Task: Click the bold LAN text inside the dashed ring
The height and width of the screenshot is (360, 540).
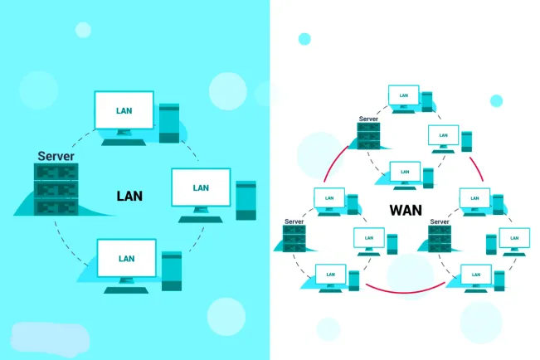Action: [129, 197]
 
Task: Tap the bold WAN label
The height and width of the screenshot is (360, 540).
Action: [406, 210]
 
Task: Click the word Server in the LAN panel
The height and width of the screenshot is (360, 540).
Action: [56, 156]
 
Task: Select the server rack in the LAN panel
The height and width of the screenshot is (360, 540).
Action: [56, 190]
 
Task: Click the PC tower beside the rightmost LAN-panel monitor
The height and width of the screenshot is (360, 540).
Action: [246, 200]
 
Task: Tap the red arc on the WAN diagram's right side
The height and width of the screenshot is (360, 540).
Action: [475, 166]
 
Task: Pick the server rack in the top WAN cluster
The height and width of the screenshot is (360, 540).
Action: [368, 137]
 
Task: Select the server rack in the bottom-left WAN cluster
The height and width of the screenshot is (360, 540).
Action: [294, 239]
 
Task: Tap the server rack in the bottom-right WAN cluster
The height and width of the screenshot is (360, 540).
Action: [440, 239]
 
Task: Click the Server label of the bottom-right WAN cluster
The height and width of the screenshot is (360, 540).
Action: [440, 221]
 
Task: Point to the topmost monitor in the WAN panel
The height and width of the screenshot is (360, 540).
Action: [403, 95]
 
